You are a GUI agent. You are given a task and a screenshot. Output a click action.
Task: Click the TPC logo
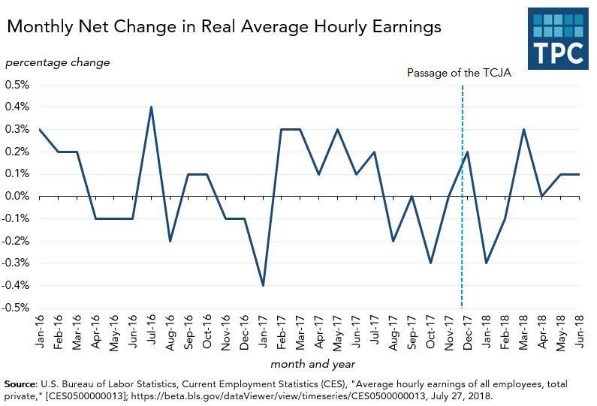tap(559, 40)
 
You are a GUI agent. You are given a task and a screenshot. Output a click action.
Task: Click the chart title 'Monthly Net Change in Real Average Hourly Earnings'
tap(224, 28)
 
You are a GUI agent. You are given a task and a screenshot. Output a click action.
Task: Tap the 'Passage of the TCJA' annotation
tap(459, 73)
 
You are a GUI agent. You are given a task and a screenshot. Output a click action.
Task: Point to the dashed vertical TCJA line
tap(462, 225)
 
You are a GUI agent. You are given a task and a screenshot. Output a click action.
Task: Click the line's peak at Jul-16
tap(151, 107)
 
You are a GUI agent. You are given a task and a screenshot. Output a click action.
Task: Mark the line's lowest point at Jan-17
tap(263, 285)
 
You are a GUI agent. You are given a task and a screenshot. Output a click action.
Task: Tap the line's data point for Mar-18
tap(523, 129)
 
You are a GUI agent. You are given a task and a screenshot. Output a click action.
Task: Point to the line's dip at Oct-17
tap(430, 263)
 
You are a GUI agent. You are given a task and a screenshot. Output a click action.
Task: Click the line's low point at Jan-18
tap(487, 263)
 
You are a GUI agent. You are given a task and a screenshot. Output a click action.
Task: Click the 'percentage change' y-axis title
tap(57, 62)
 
